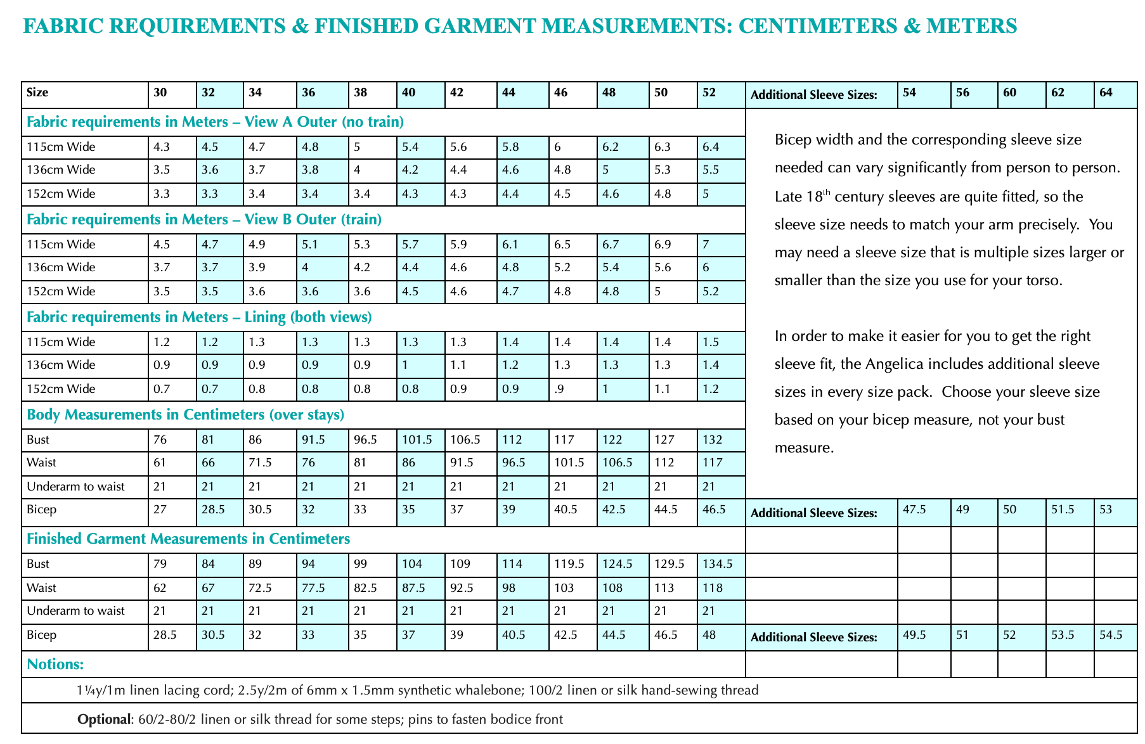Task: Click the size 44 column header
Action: [508, 93]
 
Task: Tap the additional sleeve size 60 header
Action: [1009, 93]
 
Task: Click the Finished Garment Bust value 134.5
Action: [717, 564]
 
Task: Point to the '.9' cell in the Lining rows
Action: [559, 389]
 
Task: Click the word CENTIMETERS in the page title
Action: [825, 26]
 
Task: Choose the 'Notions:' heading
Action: [56, 664]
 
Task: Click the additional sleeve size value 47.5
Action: [914, 510]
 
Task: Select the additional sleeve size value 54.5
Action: [1110, 635]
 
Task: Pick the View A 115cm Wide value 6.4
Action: [711, 147]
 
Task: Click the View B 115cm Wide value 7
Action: [706, 245]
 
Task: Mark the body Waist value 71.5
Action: [260, 463]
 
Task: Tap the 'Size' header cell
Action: [37, 93]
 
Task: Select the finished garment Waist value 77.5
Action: [313, 588]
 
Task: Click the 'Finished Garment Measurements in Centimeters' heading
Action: [188, 539]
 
